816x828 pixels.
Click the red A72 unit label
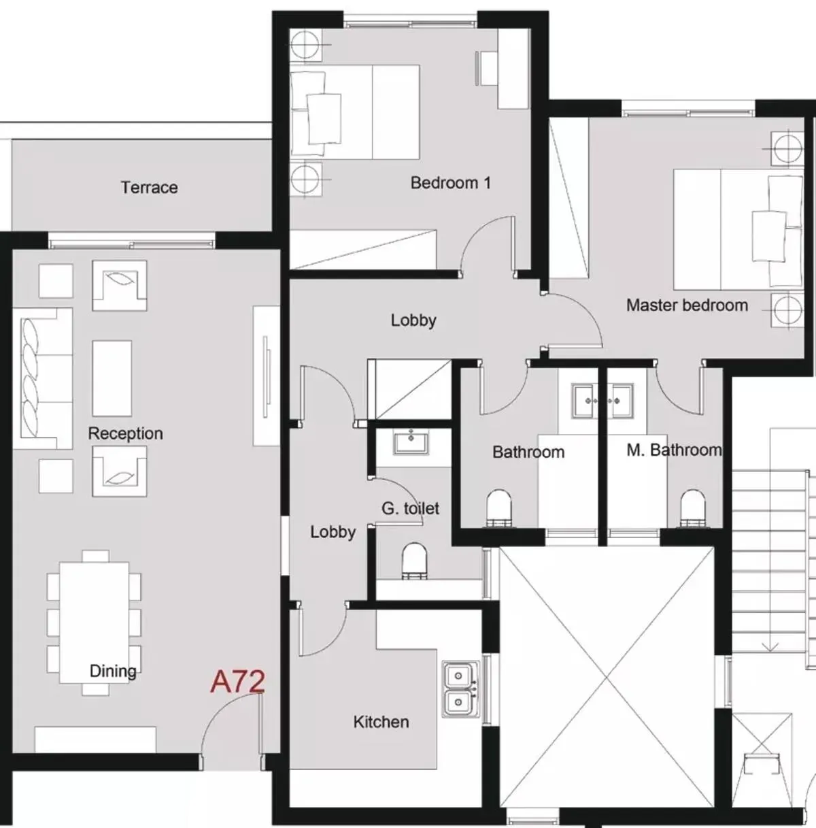point(237,682)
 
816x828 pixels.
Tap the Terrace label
point(149,187)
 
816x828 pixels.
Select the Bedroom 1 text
point(451,183)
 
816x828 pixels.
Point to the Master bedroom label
point(687,305)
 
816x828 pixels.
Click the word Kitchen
point(381,722)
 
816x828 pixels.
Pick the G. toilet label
point(410,509)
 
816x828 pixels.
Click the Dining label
point(113,671)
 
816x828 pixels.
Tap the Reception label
point(125,433)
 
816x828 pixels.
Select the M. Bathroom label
point(675,450)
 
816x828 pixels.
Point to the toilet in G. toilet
point(414,561)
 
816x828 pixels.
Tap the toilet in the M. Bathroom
point(693,508)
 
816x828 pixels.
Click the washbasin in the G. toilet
point(411,443)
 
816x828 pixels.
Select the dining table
point(94,623)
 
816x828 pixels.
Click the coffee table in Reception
point(112,378)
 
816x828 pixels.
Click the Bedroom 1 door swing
point(488,244)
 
